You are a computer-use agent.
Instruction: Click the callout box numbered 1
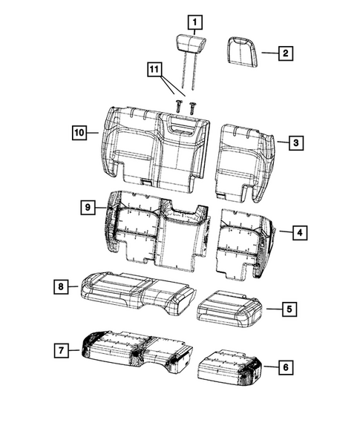(x=194, y=22)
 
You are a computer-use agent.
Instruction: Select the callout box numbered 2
(x=286, y=53)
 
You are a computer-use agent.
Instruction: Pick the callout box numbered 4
(x=298, y=233)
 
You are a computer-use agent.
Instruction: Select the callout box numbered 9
(x=88, y=208)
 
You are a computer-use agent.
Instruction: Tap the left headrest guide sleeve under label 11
(x=179, y=106)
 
